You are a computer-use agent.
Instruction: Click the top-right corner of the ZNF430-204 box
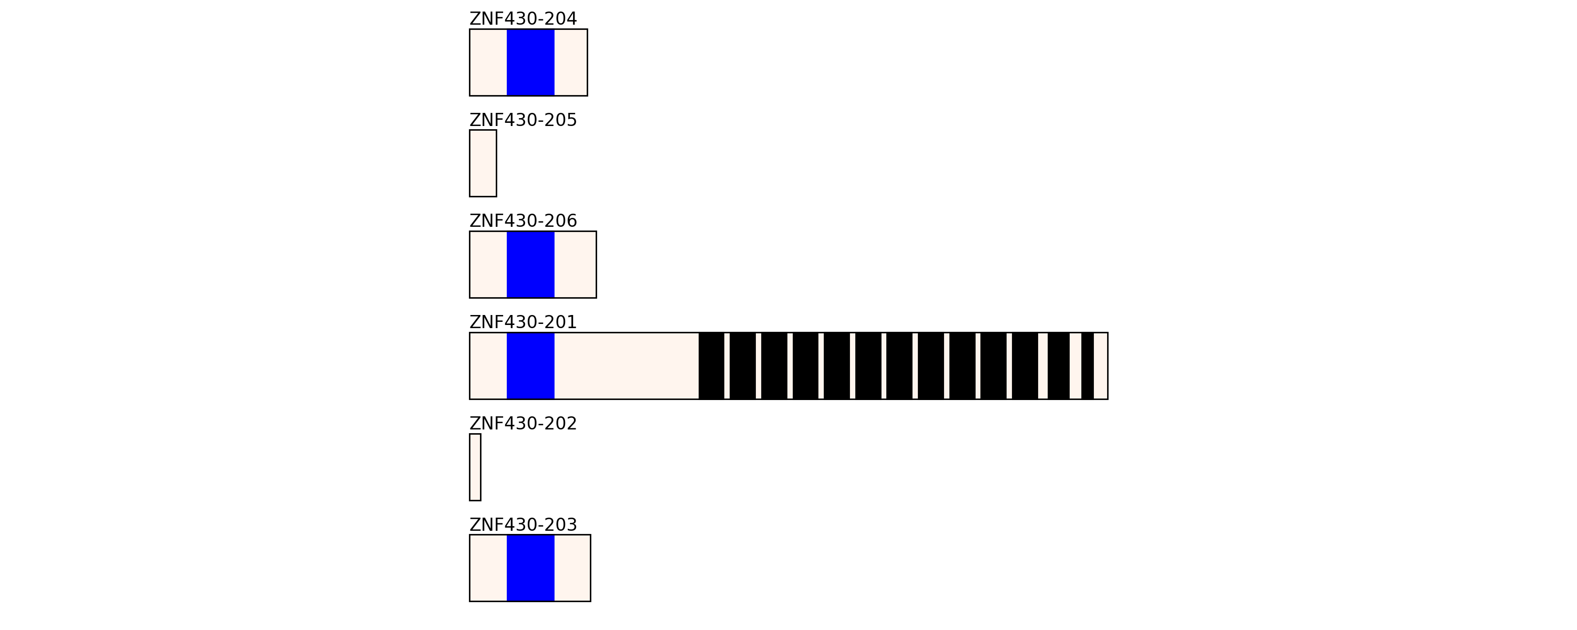pos(587,29)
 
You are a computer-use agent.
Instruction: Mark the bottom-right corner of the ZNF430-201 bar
pos(1108,399)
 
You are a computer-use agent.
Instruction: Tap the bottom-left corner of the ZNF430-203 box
pos(469,601)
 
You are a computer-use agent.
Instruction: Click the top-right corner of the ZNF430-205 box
pos(496,130)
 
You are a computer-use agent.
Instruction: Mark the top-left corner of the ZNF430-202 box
pos(469,434)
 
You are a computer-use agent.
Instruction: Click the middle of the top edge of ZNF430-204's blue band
pos(531,29)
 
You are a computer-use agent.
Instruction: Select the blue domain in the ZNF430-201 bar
pos(531,366)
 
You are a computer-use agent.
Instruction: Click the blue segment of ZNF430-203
pos(531,568)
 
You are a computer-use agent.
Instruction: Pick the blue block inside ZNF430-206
pos(531,265)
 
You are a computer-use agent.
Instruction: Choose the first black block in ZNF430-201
pos(711,366)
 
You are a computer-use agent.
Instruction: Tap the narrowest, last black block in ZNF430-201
pos(1087,366)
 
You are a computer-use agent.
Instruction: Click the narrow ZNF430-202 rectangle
pos(475,467)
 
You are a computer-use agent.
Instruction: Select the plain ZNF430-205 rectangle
pos(483,163)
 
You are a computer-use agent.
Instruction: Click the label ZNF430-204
pos(523,19)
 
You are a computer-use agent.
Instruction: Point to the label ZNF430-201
pos(523,322)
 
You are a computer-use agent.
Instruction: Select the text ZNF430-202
pos(523,424)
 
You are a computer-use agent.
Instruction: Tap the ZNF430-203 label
pos(523,525)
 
